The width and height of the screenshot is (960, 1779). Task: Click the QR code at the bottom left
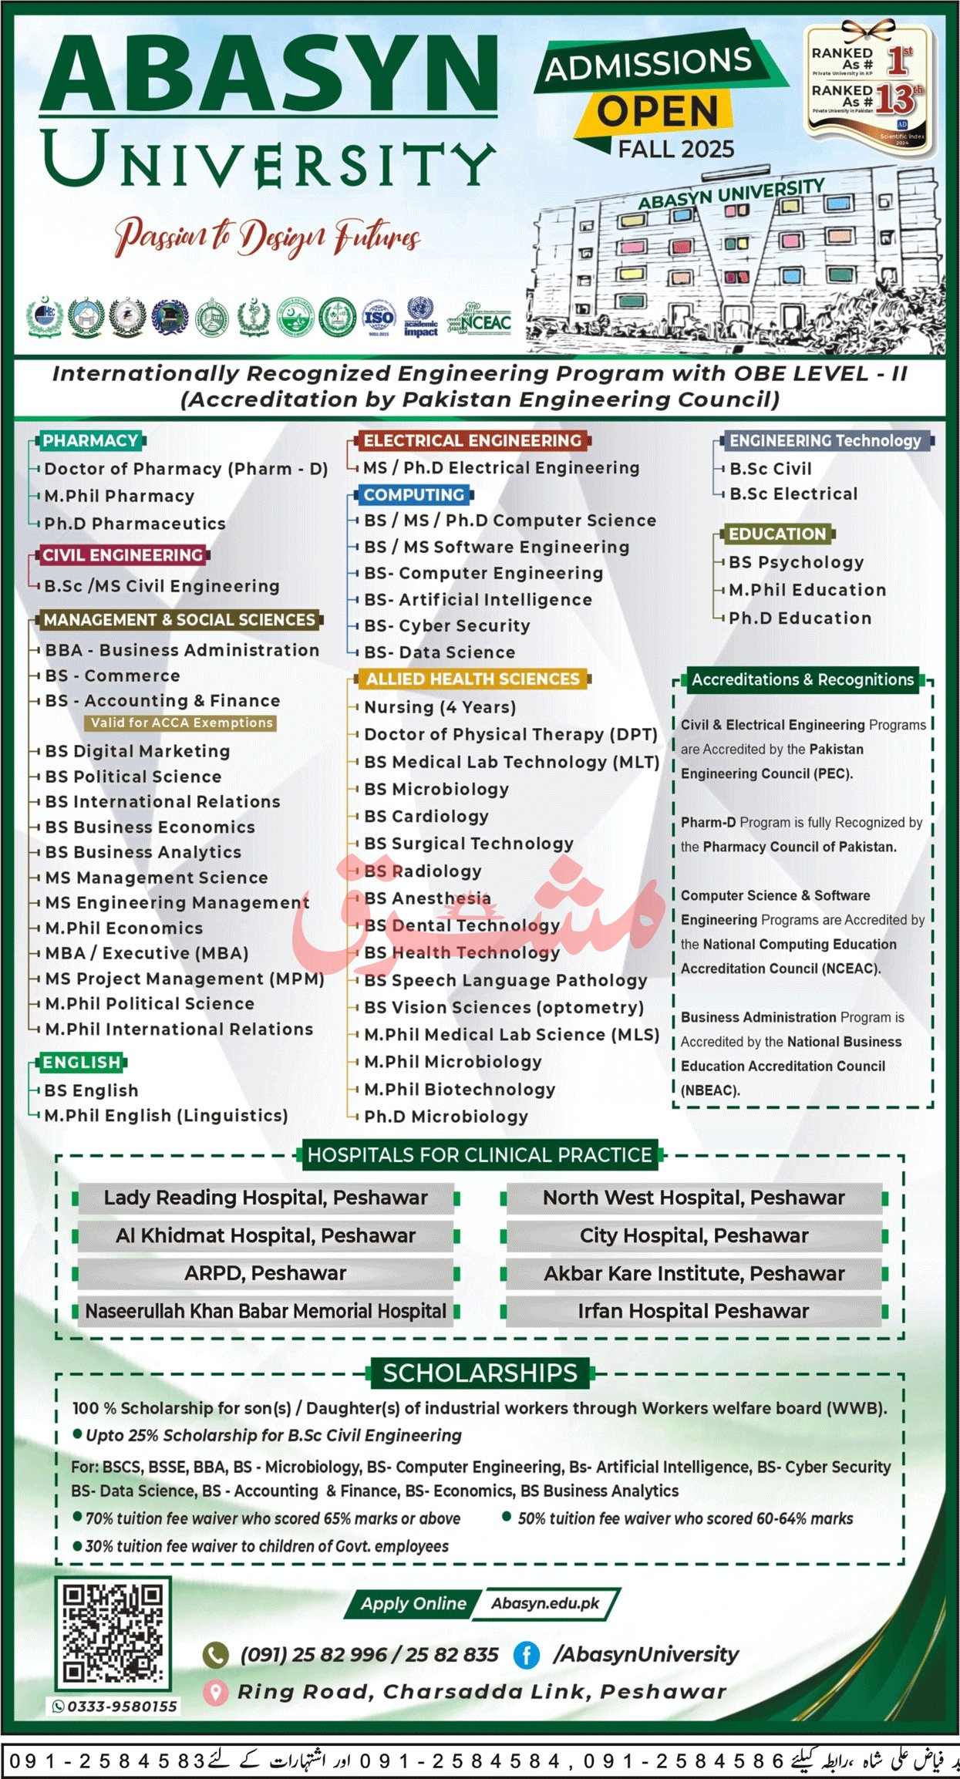coord(113,1633)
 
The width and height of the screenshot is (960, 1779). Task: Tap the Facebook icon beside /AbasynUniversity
coord(527,1655)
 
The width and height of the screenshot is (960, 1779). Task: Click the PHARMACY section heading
coord(90,440)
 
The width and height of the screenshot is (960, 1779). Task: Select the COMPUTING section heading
coord(414,494)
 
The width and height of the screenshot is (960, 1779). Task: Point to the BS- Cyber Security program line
coord(447,625)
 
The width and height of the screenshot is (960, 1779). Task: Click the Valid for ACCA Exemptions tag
coord(181,723)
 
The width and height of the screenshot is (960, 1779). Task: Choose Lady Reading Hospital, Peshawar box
coord(265,1198)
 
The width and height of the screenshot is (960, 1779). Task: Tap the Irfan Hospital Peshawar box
coord(693,1311)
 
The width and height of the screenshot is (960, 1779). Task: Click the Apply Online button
coord(413,1603)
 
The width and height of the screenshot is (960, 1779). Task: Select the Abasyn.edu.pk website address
coord(546,1603)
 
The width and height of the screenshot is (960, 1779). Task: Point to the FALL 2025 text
coord(676,148)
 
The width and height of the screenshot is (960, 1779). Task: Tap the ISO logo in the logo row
coord(379,317)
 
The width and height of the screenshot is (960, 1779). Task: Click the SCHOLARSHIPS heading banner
coord(480,1373)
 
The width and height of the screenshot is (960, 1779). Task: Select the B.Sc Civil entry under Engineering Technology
coord(770,468)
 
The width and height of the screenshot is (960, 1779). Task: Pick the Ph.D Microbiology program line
coord(446,1116)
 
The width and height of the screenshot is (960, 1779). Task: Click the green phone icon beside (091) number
coord(215,1655)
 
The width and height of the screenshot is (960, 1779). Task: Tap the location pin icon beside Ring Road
coord(215,1692)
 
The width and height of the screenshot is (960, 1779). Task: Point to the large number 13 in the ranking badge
coord(894,99)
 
